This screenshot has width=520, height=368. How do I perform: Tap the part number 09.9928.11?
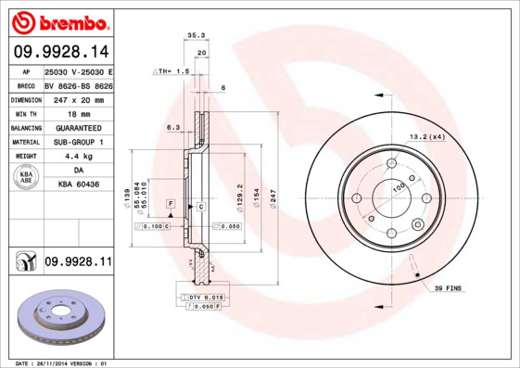pyautogui.click(x=78, y=263)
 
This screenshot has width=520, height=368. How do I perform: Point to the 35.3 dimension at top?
pyautogui.click(x=196, y=36)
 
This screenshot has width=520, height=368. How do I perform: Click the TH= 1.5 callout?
pyautogui.click(x=172, y=70)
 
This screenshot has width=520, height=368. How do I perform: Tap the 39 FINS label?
pyautogui.click(x=450, y=289)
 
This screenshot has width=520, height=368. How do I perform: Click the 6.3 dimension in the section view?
pyautogui.click(x=172, y=127)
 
